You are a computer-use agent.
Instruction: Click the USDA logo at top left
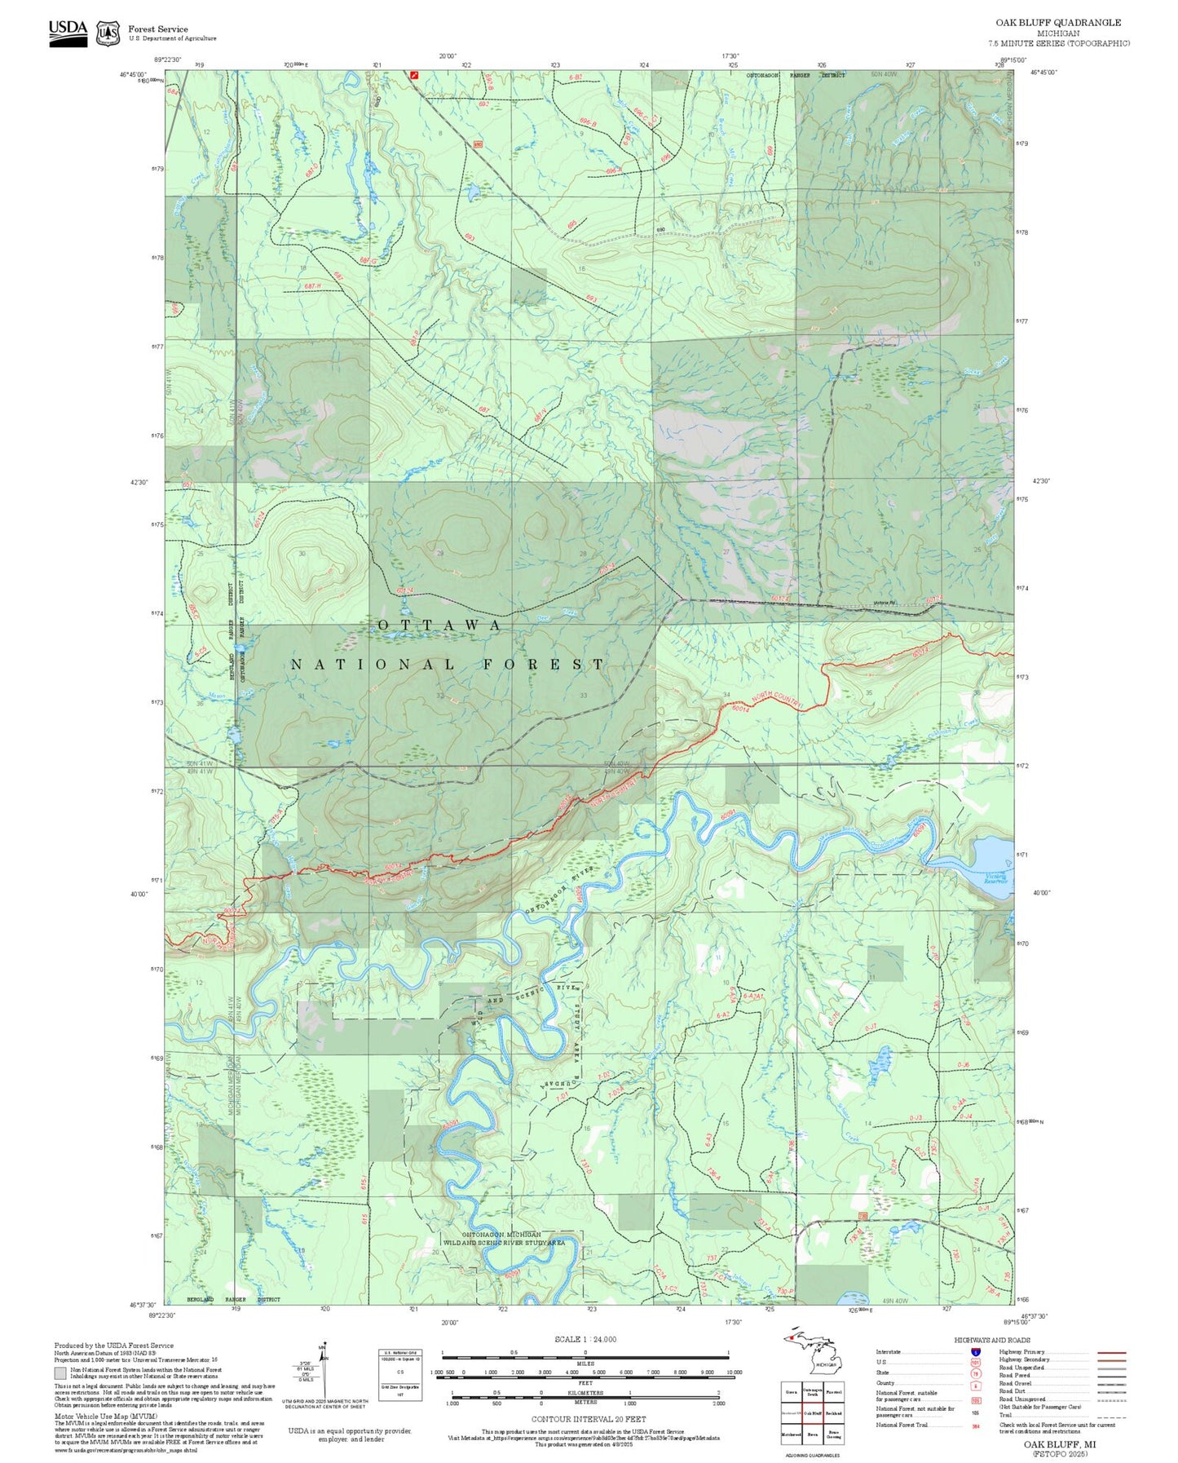[x=68, y=33]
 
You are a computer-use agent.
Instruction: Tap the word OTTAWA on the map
[x=439, y=625]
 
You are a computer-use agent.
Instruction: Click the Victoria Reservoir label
[x=995, y=879]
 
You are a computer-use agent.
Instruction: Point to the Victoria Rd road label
[x=884, y=603]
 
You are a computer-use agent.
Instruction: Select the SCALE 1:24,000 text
[x=585, y=1339]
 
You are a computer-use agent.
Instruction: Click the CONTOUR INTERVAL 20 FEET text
[x=588, y=1419]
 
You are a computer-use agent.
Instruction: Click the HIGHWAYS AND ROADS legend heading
[x=992, y=1340]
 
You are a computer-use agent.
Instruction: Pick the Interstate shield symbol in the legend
[x=975, y=1352]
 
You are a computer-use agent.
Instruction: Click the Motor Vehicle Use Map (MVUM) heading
[x=105, y=1417]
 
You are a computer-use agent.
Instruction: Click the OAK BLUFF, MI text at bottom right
[x=1060, y=1443]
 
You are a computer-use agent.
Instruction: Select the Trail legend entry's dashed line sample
[x=1111, y=1417]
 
